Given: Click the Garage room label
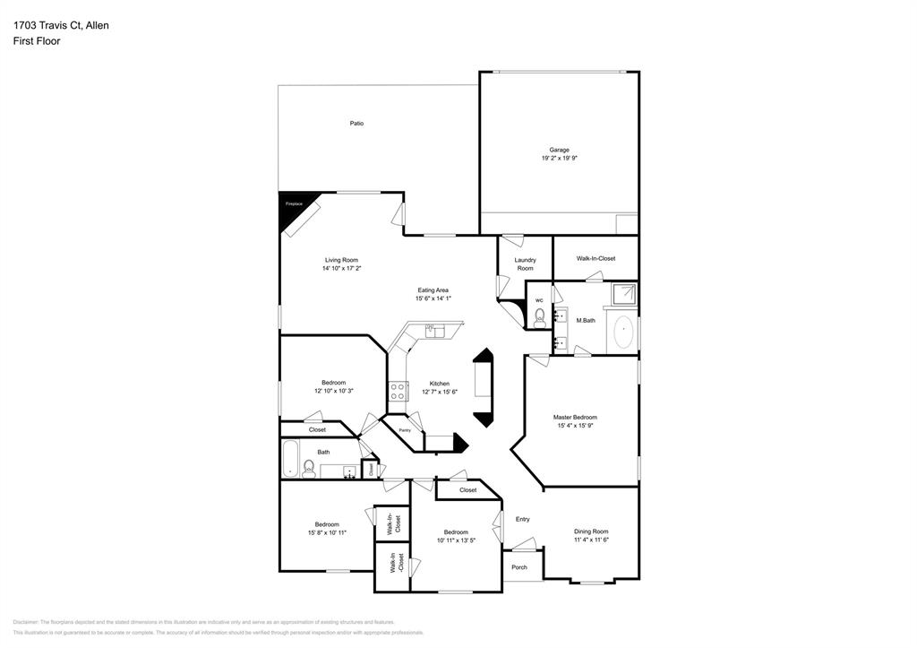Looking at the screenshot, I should [x=559, y=150].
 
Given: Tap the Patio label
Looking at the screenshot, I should [x=356, y=124].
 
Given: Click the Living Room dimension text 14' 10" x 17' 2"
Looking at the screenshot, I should [x=341, y=268].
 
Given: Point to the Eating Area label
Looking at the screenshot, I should [x=433, y=290].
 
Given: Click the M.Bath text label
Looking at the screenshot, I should [x=586, y=321].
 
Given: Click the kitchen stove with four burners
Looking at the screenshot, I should [x=398, y=392].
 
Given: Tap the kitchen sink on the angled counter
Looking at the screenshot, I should [x=434, y=331].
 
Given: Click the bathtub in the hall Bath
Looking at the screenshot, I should [x=290, y=460].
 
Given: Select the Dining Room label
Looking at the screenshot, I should [x=591, y=531].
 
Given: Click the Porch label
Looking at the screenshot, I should [x=519, y=567].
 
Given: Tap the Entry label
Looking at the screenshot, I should [x=522, y=519].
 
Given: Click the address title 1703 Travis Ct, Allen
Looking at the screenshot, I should [x=61, y=26].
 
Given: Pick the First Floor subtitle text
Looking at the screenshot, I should [x=37, y=41].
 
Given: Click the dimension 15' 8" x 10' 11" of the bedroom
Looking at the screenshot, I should [x=326, y=532].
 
